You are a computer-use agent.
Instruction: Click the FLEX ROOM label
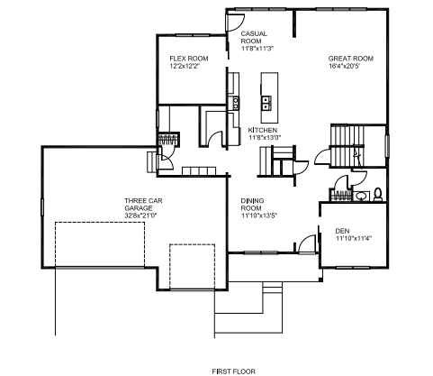coord(189,59)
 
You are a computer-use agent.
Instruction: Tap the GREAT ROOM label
coord(351,59)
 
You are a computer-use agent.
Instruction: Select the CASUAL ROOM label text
coord(254,37)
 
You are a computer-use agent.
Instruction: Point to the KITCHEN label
coord(263,130)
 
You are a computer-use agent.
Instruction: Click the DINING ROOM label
coord(252,205)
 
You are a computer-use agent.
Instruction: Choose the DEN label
coord(342,231)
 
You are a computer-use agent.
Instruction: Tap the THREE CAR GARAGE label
coord(143,205)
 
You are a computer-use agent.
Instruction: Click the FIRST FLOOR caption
coord(234,371)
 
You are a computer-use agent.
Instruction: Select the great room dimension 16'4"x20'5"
coord(344,66)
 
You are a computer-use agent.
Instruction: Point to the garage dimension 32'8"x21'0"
coord(140,216)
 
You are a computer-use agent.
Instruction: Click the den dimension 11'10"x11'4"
coord(354,238)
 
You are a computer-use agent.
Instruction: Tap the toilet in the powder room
coord(378,195)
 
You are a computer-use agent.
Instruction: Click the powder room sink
coord(360,197)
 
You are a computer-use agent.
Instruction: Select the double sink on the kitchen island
coord(266,103)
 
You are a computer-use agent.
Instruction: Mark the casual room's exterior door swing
coord(235,23)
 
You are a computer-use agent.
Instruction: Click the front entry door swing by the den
coord(306,243)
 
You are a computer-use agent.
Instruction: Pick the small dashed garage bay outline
coord(192,267)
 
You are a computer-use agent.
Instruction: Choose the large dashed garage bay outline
coord(100,244)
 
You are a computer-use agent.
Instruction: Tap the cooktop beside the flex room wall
coord(236,103)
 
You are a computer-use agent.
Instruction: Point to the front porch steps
coord(273,288)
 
